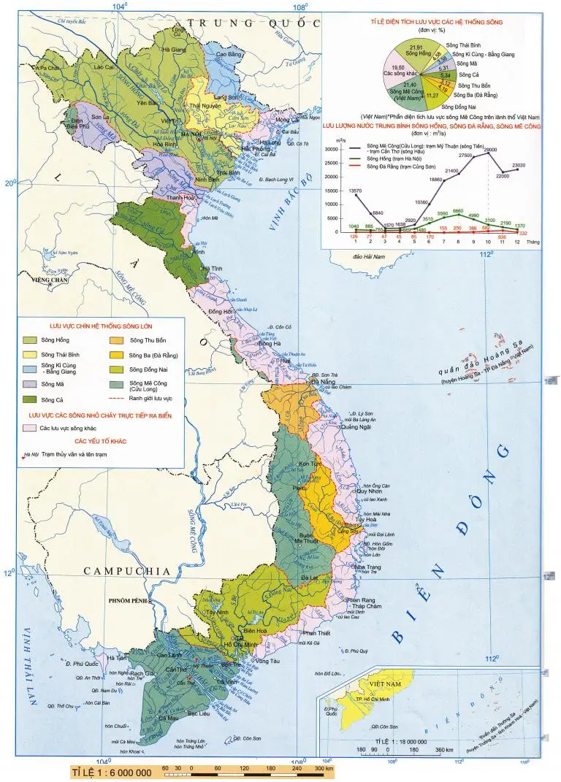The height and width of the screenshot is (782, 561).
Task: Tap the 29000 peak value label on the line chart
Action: (x=490, y=150)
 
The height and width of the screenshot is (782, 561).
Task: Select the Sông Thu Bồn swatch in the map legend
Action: (x=115, y=340)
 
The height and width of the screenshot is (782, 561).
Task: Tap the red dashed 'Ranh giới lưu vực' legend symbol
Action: (x=115, y=399)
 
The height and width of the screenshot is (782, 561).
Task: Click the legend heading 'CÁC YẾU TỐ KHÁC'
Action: (x=99, y=442)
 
